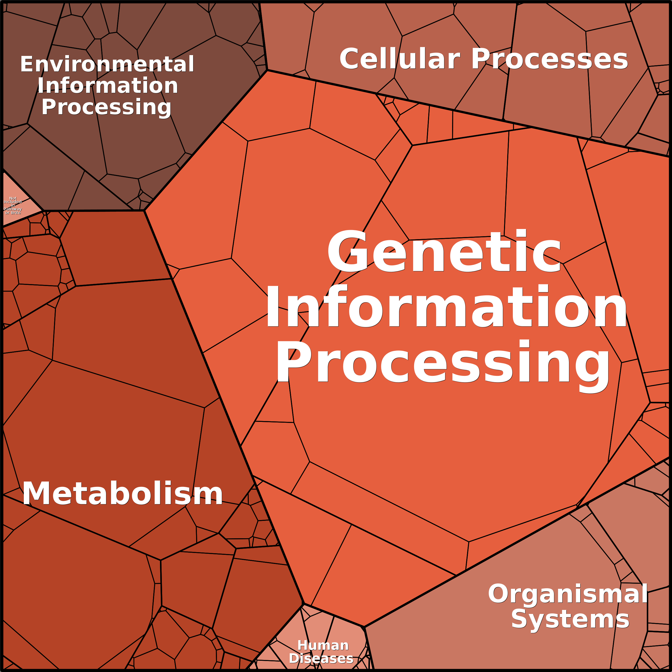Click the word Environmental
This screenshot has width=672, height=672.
click(107, 64)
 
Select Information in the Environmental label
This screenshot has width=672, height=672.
click(108, 86)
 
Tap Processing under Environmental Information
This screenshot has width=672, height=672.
click(106, 107)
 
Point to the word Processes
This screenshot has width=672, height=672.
click(549, 59)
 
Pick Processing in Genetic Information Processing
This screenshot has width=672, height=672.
click(442, 362)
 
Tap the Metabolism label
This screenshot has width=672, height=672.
click(123, 494)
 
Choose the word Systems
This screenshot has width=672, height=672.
click(570, 619)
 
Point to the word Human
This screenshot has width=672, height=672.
click(323, 646)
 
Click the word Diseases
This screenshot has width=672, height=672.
click(321, 658)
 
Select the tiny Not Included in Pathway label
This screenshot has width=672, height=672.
click(13, 205)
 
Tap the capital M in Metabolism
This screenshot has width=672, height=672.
click(35, 494)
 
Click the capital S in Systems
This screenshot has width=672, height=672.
click(519, 619)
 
